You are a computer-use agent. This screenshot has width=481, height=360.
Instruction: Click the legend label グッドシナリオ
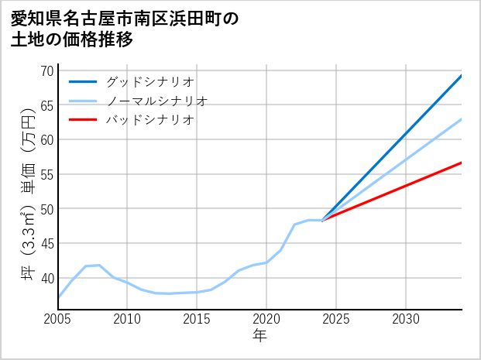[149, 81]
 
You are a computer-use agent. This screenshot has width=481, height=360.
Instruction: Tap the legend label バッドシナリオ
[149, 120]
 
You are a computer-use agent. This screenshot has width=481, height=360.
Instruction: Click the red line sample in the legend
[83, 120]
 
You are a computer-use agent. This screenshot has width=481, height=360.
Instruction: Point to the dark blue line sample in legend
[83, 81]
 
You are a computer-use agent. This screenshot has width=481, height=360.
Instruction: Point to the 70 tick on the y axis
[46, 70]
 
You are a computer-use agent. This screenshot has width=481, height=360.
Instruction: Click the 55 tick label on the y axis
[46, 174]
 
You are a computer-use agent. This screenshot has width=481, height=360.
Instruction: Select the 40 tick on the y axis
[46, 278]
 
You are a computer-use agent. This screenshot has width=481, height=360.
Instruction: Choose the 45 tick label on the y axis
[46, 243]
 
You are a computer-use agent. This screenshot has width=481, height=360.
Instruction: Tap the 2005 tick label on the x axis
[58, 319]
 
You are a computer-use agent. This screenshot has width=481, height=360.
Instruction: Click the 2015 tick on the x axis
[197, 319]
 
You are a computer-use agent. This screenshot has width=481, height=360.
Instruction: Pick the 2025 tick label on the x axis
[336, 319]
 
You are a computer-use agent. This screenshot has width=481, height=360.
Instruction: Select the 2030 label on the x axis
[406, 319]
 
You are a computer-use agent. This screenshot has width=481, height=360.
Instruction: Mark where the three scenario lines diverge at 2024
[322, 221]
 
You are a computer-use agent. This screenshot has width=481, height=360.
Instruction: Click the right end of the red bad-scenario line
[461, 163]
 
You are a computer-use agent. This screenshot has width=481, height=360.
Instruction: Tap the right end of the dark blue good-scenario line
[461, 76]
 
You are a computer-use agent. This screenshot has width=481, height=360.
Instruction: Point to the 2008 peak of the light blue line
[100, 266]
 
